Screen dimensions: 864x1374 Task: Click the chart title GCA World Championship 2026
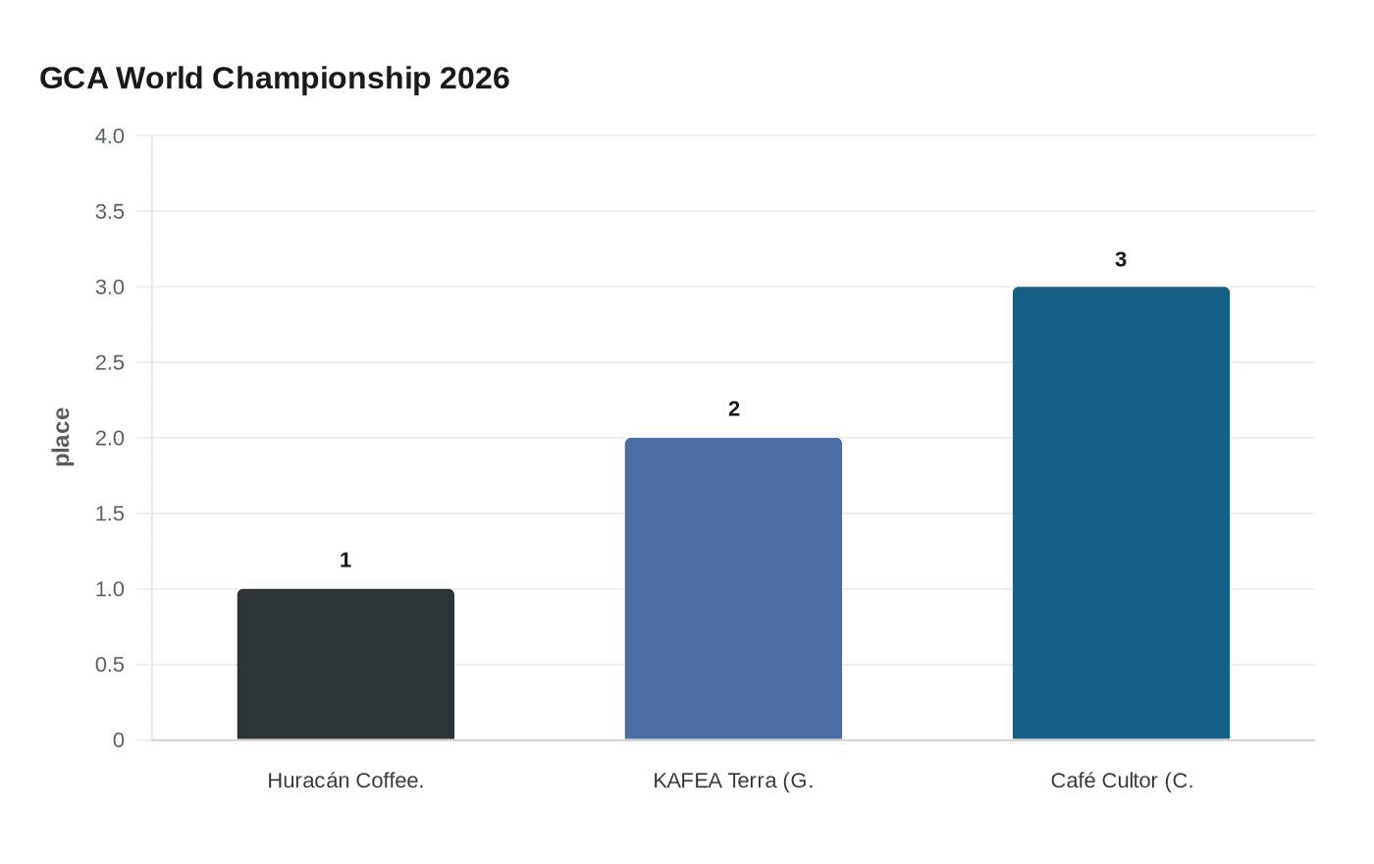(274, 78)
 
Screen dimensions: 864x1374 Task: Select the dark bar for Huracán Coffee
(345, 665)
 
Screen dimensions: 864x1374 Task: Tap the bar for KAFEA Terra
(733, 589)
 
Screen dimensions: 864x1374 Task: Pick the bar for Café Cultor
(1121, 513)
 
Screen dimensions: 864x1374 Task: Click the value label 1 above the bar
(345, 560)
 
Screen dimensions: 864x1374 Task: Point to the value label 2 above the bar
(734, 408)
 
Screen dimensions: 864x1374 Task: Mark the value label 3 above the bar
(1121, 259)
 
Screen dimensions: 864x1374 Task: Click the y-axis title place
(62, 437)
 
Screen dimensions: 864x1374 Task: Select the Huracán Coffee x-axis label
(345, 781)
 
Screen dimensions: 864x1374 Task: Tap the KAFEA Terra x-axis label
(733, 781)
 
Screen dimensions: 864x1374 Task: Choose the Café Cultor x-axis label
(1122, 781)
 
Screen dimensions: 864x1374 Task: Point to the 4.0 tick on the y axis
(110, 135)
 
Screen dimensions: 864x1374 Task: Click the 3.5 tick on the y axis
(110, 211)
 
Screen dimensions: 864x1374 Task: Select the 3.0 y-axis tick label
(110, 287)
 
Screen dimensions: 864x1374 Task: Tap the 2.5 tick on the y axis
(110, 362)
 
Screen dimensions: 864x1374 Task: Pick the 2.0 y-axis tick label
(110, 438)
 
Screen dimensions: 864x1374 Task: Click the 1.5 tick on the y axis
(110, 513)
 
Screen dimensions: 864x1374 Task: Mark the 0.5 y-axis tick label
(110, 665)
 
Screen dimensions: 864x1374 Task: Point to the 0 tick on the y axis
(119, 740)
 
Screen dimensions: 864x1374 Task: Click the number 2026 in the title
(474, 78)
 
